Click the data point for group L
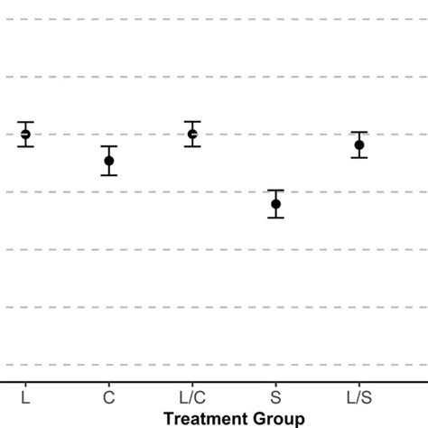[25, 135]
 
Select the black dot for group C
[108, 161]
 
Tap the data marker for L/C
[192, 135]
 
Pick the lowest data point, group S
[276, 204]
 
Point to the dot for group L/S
[359, 144]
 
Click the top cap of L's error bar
[25, 122]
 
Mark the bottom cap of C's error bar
[108, 175]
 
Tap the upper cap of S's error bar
[276, 191]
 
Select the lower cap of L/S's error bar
[359, 158]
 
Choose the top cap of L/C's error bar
[192, 122]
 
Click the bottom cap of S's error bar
[276, 218]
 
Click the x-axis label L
[25, 397]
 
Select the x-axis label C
[108, 397]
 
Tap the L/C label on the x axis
[192, 397]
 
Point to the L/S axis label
[359, 397]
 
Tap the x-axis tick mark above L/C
[192, 385]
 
